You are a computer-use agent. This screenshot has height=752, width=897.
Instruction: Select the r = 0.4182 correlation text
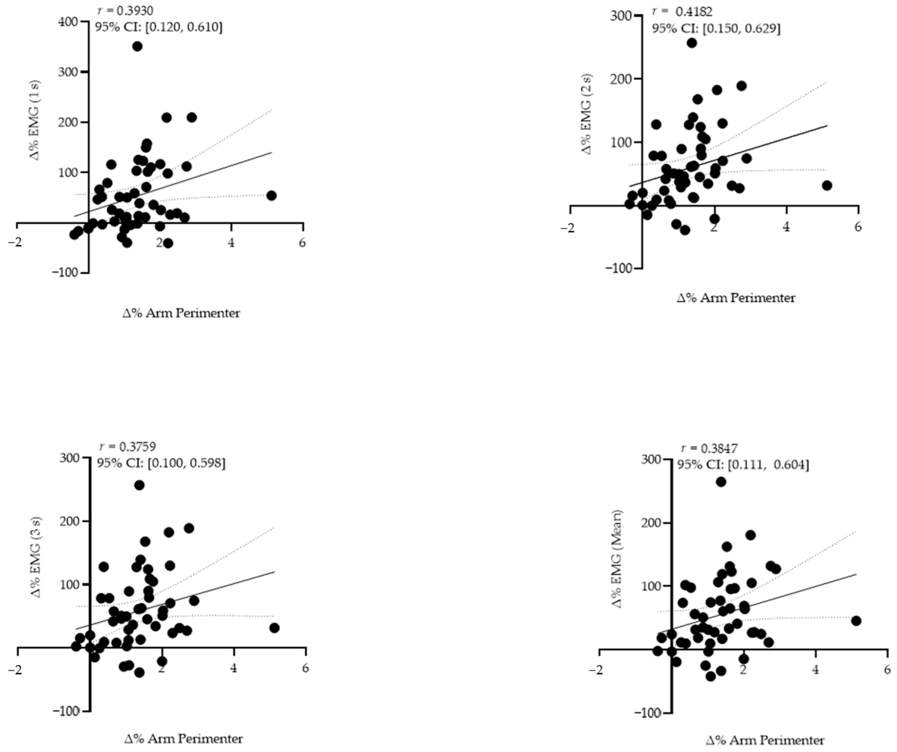(682, 11)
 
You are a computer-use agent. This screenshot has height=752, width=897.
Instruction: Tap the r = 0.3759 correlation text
(127, 447)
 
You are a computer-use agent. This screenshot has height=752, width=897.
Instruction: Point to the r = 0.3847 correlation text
(709, 448)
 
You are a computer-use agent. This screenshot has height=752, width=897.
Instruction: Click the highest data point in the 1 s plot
(137, 46)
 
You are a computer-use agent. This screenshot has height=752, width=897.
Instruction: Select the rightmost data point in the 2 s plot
(827, 185)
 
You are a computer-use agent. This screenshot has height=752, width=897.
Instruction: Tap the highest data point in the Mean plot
(721, 482)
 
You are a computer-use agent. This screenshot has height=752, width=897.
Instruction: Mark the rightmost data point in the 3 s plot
(274, 628)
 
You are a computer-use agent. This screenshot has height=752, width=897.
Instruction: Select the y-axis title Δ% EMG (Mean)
(618, 559)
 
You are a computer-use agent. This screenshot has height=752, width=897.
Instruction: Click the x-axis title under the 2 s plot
(736, 298)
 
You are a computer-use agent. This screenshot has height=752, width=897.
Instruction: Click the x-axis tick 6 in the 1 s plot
(302, 243)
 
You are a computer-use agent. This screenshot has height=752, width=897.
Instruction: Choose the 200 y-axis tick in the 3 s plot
(70, 521)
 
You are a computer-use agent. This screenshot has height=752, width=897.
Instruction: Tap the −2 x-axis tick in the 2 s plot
(568, 227)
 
